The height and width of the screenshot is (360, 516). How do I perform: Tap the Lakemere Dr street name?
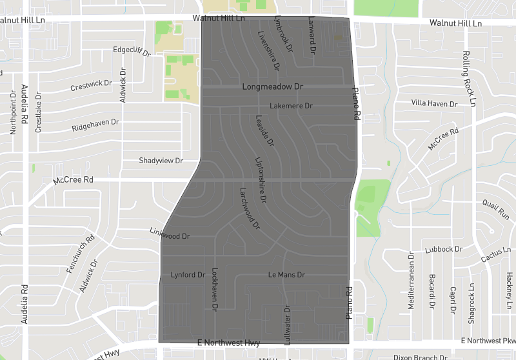click(x=291, y=105)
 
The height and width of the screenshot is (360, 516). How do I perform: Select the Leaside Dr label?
click(x=265, y=130)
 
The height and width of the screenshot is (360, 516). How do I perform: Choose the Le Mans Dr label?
click(x=286, y=275)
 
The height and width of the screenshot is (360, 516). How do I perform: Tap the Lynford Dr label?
click(x=187, y=275)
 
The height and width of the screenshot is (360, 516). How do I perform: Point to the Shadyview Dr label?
click(x=161, y=161)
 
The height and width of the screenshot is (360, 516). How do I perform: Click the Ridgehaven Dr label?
click(x=95, y=122)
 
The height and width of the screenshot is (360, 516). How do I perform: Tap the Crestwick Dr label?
click(x=91, y=85)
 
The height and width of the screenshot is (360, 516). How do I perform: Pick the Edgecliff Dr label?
click(x=131, y=49)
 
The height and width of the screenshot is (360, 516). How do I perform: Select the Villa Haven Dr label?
click(x=434, y=103)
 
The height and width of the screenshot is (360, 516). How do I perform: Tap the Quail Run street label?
click(x=495, y=208)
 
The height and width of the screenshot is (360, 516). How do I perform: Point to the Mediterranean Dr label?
click(x=412, y=279)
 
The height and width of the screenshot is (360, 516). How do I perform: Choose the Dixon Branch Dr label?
click(x=420, y=357)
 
